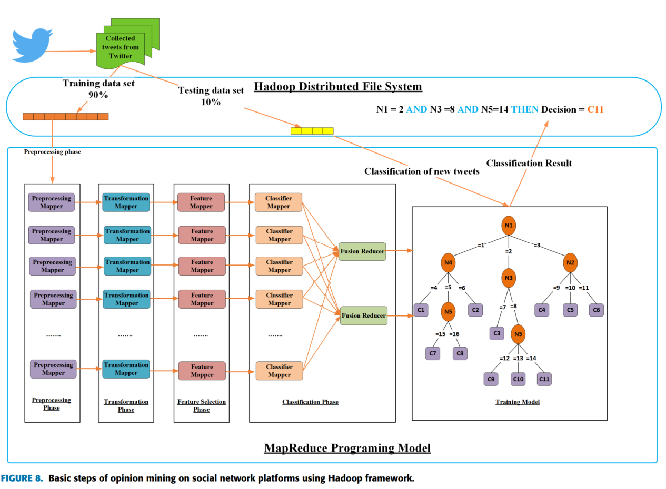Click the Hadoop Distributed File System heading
click(x=338, y=86)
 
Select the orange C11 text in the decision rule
click(x=595, y=109)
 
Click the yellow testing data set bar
click(x=312, y=131)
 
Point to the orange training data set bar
click(x=66, y=116)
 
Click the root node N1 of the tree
click(x=509, y=226)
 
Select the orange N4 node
click(x=449, y=262)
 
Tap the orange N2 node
click(x=570, y=262)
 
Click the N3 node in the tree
click(x=509, y=278)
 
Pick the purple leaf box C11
click(x=544, y=379)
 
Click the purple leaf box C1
click(x=421, y=310)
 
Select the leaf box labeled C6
click(x=596, y=310)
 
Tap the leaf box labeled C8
click(x=460, y=353)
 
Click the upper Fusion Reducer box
click(x=362, y=251)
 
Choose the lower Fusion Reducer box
click(x=363, y=315)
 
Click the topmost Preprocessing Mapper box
click(x=52, y=202)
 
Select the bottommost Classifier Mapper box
click(x=279, y=371)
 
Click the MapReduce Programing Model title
click(x=347, y=448)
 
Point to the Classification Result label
click(x=529, y=164)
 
